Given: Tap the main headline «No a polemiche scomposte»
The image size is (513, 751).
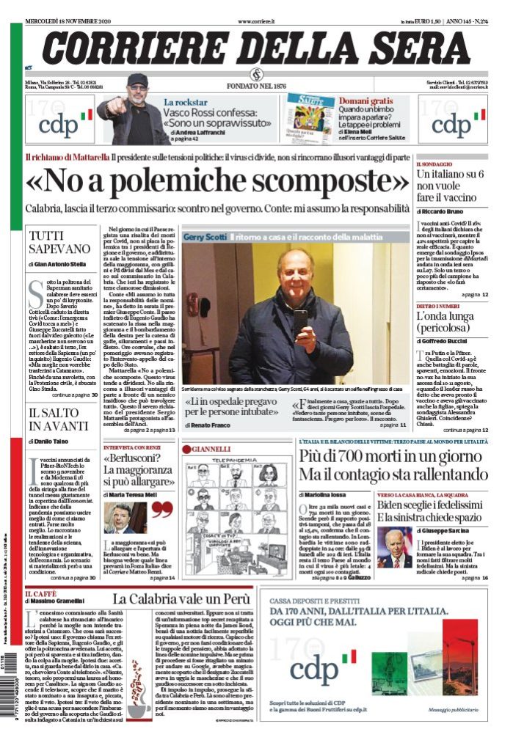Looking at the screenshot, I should click(217, 180).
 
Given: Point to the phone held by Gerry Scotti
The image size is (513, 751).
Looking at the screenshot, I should click(300, 318).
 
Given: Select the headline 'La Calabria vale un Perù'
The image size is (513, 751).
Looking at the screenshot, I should click(181, 599).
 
